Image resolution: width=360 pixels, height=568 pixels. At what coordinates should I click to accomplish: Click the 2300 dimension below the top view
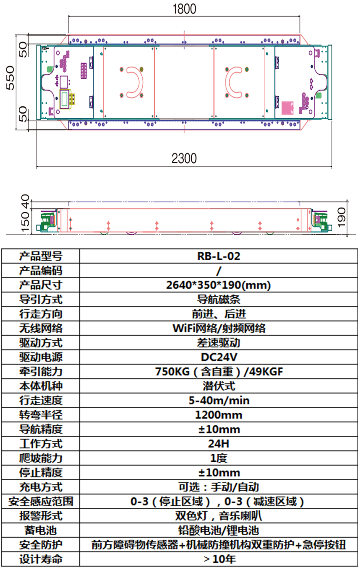[184, 158]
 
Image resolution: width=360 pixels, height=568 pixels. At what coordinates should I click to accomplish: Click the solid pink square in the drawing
[289, 108]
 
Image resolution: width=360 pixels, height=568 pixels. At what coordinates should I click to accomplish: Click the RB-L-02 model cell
[219, 256]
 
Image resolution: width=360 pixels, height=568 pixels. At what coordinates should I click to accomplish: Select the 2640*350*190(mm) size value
[219, 285]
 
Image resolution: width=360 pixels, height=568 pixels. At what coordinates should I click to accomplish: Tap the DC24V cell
[219, 357]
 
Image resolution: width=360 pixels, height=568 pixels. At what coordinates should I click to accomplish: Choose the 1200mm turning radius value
[219, 415]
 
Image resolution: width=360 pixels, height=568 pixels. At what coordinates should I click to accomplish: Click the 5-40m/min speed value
[219, 400]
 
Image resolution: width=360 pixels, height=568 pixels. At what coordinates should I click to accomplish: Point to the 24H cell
[219, 444]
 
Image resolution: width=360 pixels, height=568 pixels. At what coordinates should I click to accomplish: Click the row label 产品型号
[40, 256]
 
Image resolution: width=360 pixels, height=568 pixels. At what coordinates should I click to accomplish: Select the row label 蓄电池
[40, 531]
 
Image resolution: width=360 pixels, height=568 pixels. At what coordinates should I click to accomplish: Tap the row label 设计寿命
[40, 559]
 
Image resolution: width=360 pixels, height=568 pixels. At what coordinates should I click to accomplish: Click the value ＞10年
[219, 559]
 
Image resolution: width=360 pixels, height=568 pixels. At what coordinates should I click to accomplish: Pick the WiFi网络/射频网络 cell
[219, 328]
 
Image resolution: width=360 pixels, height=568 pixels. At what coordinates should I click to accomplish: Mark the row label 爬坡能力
[40, 458]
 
